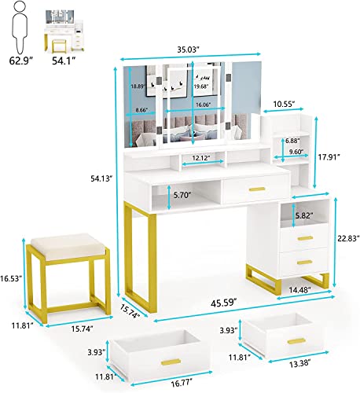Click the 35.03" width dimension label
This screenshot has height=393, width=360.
pyautogui.click(x=189, y=50)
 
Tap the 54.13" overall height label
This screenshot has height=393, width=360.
pyautogui.click(x=101, y=178)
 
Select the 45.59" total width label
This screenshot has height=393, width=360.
pyautogui.click(x=223, y=303)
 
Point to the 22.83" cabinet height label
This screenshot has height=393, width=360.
pyautogui.click(x=348, y=238)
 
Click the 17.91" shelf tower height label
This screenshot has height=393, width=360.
pyautogui.click(x=329, y=156)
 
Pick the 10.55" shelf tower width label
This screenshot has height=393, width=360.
pyautogui.click(x=285, y=104)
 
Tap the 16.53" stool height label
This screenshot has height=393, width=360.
pyautogui.click(x=10, y=278)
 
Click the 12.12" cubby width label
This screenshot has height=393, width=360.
pyautogui.click(x=201, y=158)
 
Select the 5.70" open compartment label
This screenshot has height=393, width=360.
pyautogui.click(x=182, y=195)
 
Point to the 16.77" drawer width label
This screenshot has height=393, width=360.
pyautogui.click(x=182, y=384)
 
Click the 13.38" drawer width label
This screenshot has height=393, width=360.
pyautogui.click(x=299, y=364)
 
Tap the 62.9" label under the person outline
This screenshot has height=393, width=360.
pyautogui.click(x=21, y=61)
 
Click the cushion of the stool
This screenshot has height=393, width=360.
pyautogui.click(x=68, y=247)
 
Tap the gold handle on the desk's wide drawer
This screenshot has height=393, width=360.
pyautogui.click(x=257, y=189)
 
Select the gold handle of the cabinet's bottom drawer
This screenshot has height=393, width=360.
pyautogui.click(x=305, y=263)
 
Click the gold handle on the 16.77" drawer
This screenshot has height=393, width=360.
pyautogui.click(x=171, y=362)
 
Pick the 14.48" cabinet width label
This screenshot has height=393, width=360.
pyautogui.click(x=299, y=290)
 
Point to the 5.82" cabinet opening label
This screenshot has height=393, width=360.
pyautogui.click(x=304, y=215)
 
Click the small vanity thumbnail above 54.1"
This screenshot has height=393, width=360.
pyautogui.click(x=64, y=31)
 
